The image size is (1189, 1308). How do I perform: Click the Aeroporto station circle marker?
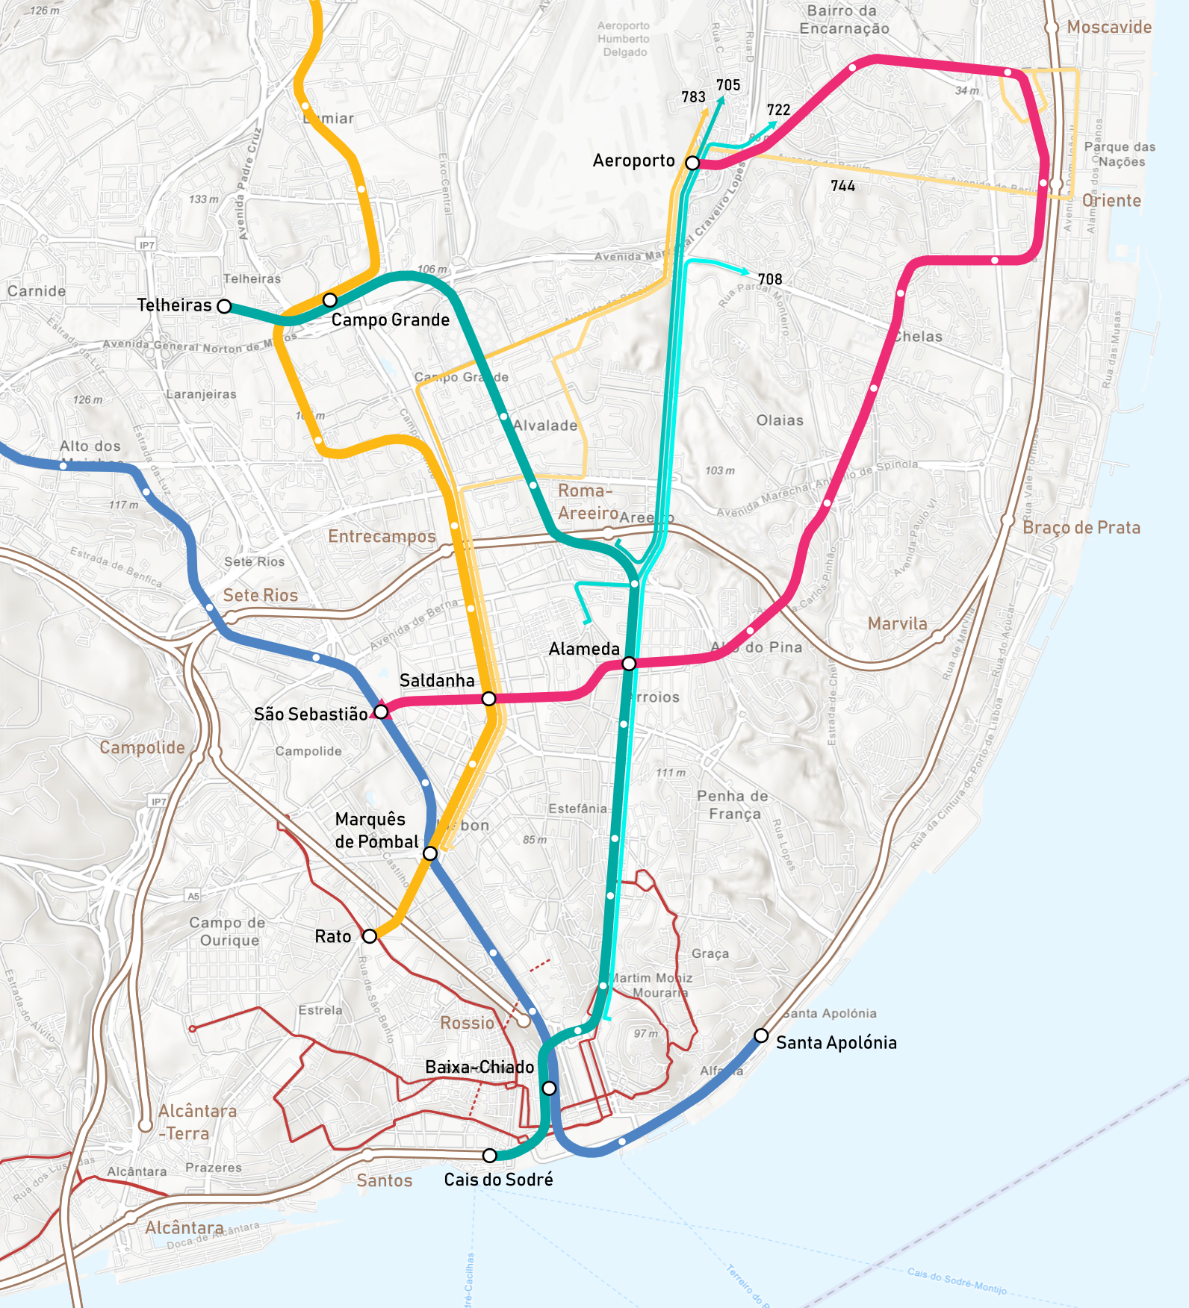693,163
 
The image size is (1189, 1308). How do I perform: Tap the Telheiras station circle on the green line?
224,306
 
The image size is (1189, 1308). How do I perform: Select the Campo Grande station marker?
330,300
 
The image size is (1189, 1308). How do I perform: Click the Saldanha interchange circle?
488,699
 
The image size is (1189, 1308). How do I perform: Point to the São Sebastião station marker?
381,712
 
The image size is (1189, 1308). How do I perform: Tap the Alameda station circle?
629,664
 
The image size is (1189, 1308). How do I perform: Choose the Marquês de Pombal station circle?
430,853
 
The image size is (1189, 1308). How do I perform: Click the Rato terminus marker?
370,936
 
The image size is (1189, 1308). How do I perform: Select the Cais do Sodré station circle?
489,1156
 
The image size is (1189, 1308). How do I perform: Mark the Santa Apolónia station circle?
761,1035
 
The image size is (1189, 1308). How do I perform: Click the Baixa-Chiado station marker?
549,1089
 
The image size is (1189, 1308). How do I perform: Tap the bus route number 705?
728,85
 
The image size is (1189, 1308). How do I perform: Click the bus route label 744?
842,186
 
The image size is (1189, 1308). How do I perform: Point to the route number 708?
770,279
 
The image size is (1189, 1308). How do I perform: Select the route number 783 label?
693,97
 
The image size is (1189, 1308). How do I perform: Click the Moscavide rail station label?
1108,28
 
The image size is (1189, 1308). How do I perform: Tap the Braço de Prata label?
1081,528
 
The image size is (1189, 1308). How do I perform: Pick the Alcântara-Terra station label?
197,1122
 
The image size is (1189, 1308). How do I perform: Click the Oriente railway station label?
1111,201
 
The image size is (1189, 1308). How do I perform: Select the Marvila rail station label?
897,624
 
